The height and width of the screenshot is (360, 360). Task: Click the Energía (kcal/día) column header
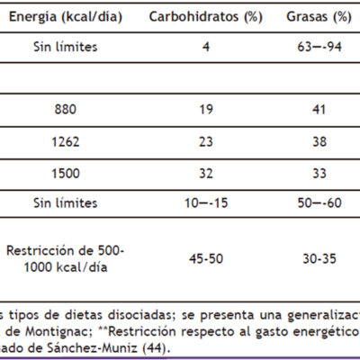pyautogui.click(x=66, y=17)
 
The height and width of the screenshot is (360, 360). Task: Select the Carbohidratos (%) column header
pyautogui.click(x=206, y=17)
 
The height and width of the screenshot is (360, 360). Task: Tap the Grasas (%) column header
pyautogui.click(x=319, y=17)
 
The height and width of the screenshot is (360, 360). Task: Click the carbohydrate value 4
pyautogui.click(x=206, y=47)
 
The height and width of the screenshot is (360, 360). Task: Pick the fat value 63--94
pyautogui.click(x=319, y=47)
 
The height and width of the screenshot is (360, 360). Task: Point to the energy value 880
pyautogui.click(x=66, y=109)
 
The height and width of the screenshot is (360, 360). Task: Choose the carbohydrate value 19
pyautogui.click(x=206, y=109)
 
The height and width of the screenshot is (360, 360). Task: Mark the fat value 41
pyautogui.click(x=319, y=109)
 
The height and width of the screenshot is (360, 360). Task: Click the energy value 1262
pyautogui.click(x=66, y=141)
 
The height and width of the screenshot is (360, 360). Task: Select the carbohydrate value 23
pyautogui.click(x=206, y=141)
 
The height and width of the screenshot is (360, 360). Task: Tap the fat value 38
pyautogui.click(x=319, y=141)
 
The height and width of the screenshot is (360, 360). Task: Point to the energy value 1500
pyautogui.click(x=66, y=174)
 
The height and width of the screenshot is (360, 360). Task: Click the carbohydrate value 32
pyautogui.click(x=206, y=174)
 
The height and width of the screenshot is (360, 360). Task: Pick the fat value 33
pyautogui.click(x=319, y=174)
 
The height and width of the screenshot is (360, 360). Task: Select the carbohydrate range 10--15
pyautogui.click(x=206, y=203)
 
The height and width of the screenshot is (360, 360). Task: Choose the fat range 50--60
pyautogui.click(x=319, y=203)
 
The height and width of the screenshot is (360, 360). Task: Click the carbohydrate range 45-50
pyautogui.click(x=206, y=258)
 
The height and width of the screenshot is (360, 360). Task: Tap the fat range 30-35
pyautogui.click(x=319, y=258)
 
